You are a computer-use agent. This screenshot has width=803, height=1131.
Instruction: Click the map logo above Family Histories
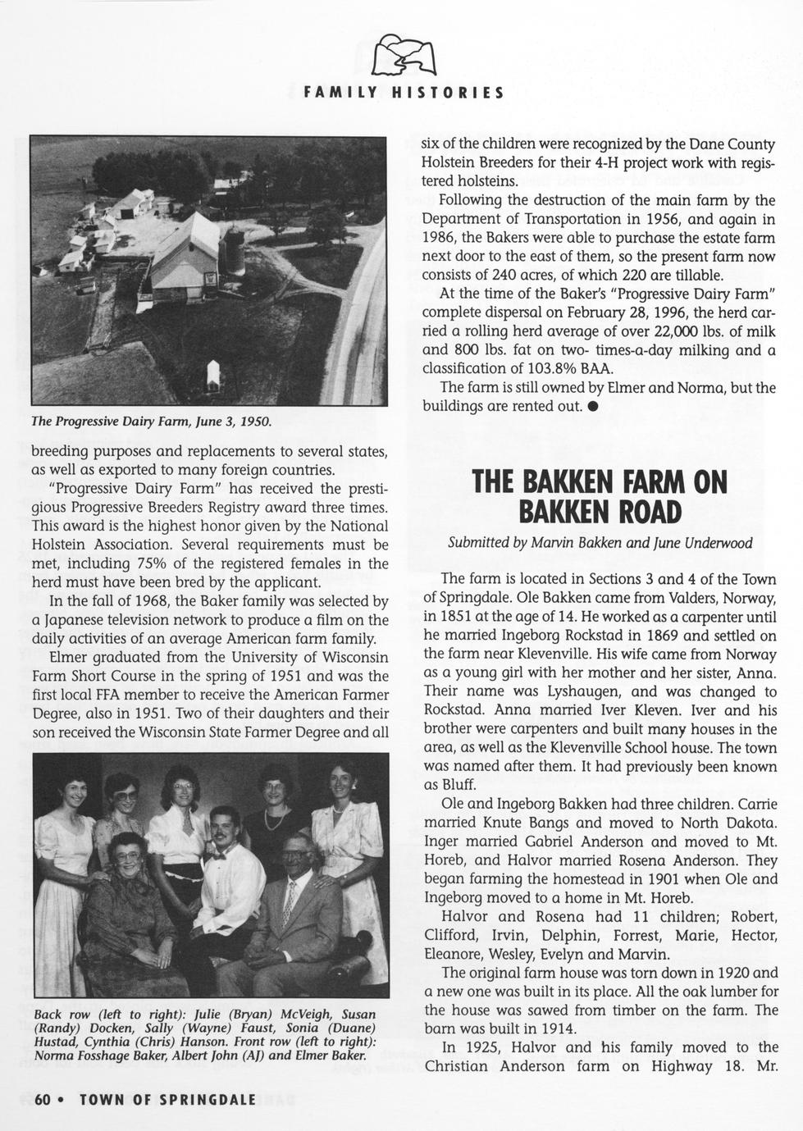click(402, 57)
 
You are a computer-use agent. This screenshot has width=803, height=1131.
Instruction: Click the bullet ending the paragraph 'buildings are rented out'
click(591, 407)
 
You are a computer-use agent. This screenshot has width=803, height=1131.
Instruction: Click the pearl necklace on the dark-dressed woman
click(275, 820)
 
